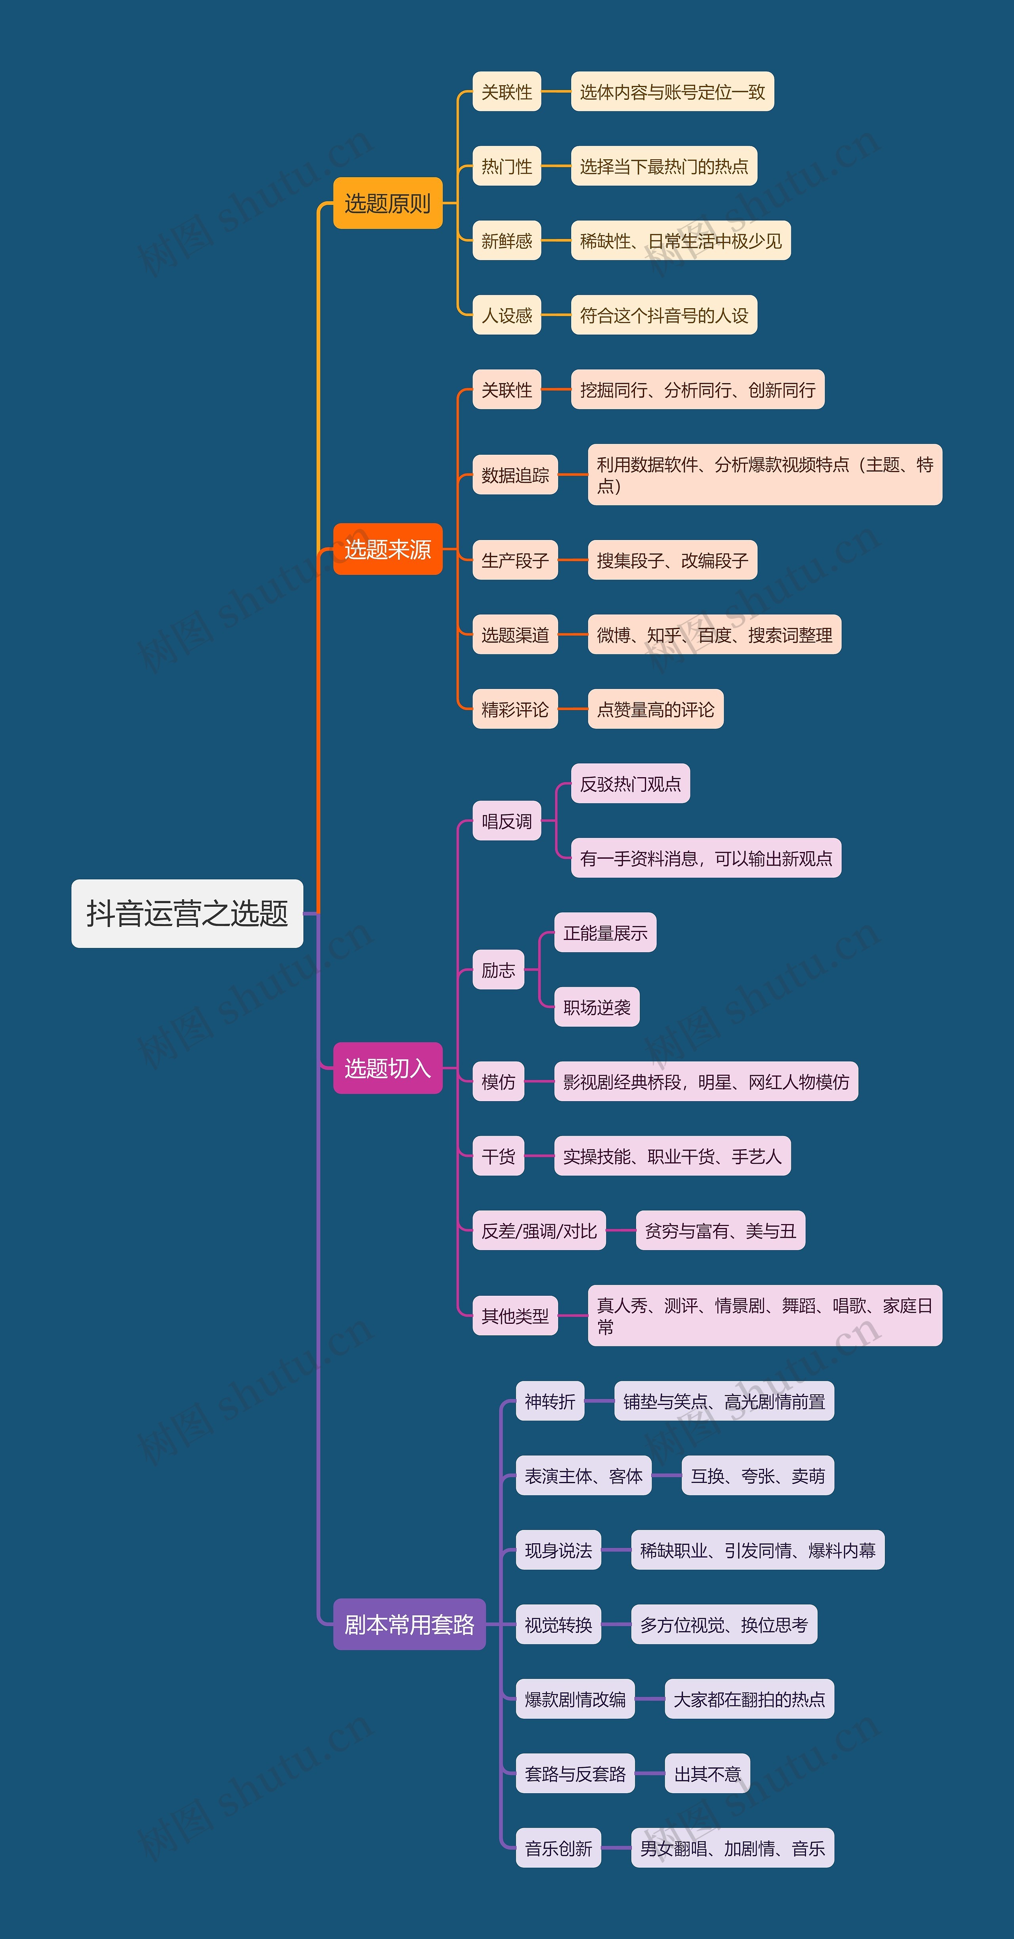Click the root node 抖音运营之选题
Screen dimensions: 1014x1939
click(x=187, y=913)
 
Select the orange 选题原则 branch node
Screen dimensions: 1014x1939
click(x=388, y=203)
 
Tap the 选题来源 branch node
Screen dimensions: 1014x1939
click(x=388, y=549)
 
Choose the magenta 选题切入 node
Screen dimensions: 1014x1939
click(x=388, y=1068)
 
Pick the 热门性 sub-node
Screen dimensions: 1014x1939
click(x=507, y=166)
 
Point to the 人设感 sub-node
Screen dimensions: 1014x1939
click(x=507, y=315)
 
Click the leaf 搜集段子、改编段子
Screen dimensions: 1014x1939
click(x=672, y=560)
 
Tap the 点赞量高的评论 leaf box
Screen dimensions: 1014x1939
click(x=655, y=709)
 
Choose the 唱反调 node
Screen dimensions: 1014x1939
click(x=507, y=820)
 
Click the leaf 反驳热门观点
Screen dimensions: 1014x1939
click(x=630, y=784)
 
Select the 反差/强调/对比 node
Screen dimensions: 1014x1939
click(x=539, y=1231)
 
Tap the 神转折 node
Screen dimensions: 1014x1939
click(x=549, y=1401)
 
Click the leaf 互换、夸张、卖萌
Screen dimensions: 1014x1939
click(x=757, y=1475)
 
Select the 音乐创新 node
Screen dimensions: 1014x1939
click(x=558, y=1848)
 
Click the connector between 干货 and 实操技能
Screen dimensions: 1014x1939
click(x=539, y=1156)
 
